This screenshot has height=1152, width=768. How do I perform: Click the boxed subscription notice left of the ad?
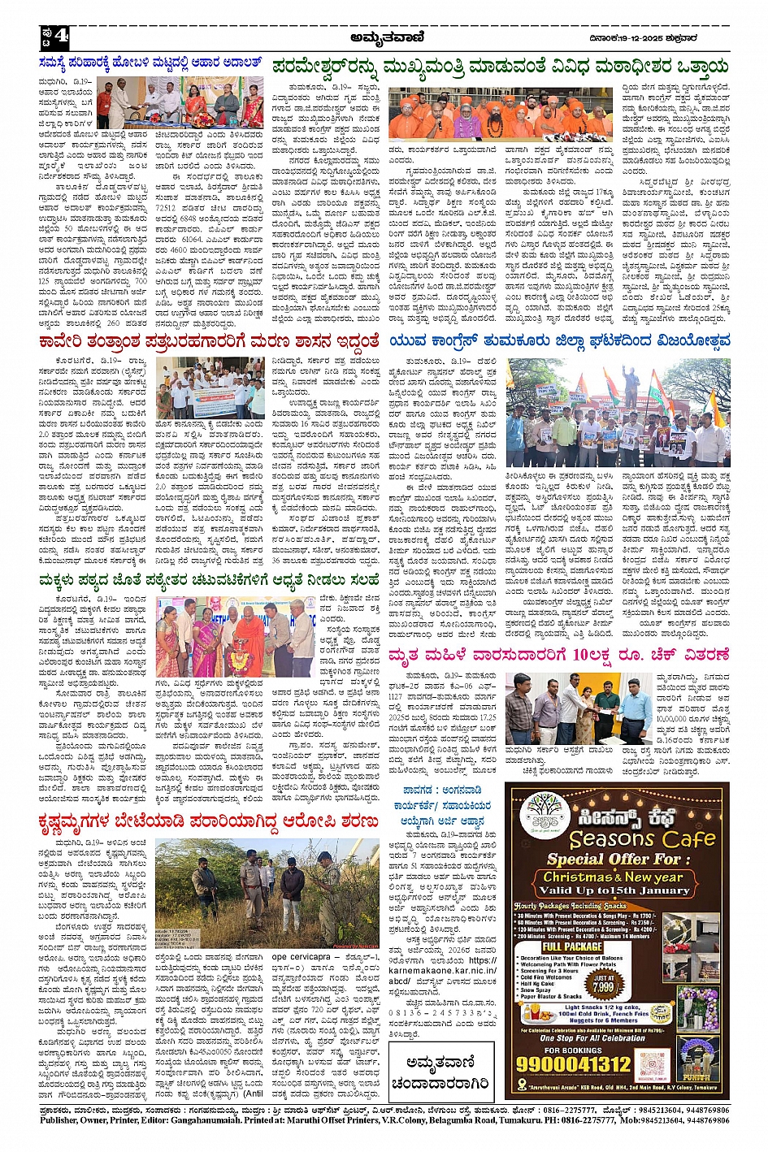point(440,1071)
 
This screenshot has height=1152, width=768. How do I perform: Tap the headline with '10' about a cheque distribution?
point(559,656)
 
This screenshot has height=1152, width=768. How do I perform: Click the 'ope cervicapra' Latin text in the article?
point(307,957)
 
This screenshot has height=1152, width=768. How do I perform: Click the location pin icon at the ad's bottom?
point(522,1085)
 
